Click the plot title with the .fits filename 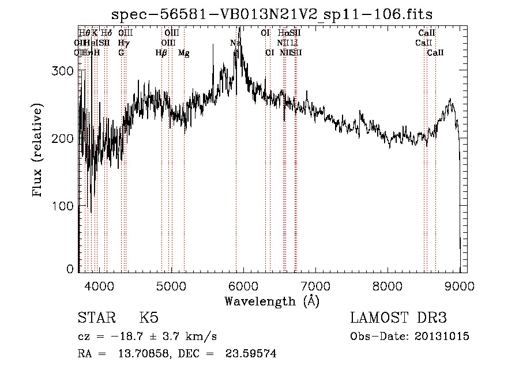pyautogui.click(x=272, y=14)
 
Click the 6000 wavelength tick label pyautogui.click(x=243, y=285)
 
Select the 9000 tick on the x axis pyautogui.click(x=460, y=285)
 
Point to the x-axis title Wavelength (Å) pyautogui.click(x=272, y=301)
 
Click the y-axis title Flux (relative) pyautogui.click(x=39, y=151)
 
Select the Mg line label pyautogui.click(x=184, y=53)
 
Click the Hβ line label pyautogui.click(x=161, y=53)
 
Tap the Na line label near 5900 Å pyautogui.click(x=235, y=43)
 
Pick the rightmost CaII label pyautogui.click(x=435, y=53)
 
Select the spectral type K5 pyautogui.click(x=149, y=319)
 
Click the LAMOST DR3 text pyautogui.click(x=398, y=319)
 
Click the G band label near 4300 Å pyautogui.click(x=121, y=53)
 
